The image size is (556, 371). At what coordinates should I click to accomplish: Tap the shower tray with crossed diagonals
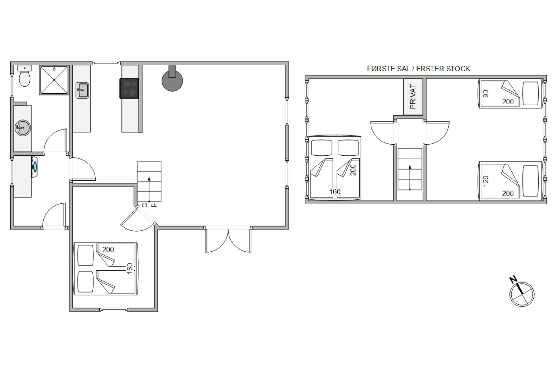[54, 80]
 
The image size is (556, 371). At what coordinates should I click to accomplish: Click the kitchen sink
[82, 90]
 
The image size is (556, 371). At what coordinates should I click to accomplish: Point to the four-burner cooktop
[129, 89]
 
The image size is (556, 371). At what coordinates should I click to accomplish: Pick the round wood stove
[172, 80]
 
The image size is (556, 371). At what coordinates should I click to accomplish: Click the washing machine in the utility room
[34, 167]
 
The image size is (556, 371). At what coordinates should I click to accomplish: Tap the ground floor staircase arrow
[149, 189]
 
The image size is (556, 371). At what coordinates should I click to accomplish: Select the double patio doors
[228, 239]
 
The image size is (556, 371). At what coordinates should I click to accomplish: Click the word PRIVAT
[413, 97]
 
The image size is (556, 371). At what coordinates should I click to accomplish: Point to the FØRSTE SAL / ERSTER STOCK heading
[418, 69]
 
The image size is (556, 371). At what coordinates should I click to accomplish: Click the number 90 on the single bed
[486, 94]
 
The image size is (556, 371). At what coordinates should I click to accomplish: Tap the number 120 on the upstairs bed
[486, 181]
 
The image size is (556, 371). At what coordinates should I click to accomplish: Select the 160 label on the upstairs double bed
[335, 192]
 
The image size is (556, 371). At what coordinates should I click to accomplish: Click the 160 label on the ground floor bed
[130, 268]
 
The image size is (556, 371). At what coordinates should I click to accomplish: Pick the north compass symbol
[522, 294]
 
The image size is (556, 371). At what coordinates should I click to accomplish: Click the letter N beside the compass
[513, 280]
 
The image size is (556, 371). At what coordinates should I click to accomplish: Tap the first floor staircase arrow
[410, 178]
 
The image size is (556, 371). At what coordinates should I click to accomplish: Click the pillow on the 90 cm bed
[531, 93]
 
